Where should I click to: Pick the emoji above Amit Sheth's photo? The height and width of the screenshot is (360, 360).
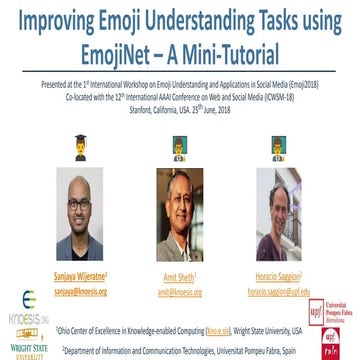click(181, 143)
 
